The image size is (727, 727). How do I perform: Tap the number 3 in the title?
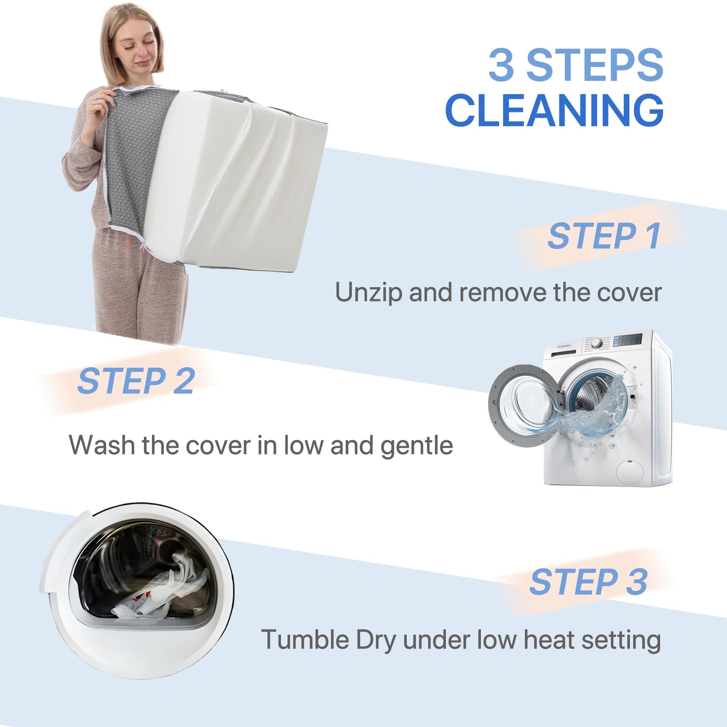[502, 64]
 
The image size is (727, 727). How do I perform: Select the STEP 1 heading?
[604, 236]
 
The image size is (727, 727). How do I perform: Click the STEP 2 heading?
[136, 381]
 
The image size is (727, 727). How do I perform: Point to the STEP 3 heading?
[589, 582]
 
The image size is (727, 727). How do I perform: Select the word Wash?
[102, 445]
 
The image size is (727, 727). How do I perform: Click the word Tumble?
[305, 640]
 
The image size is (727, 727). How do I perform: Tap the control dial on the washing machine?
[597, 343]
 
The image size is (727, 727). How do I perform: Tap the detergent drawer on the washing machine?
[563, 353]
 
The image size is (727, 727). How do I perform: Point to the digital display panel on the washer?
[628, 340]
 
